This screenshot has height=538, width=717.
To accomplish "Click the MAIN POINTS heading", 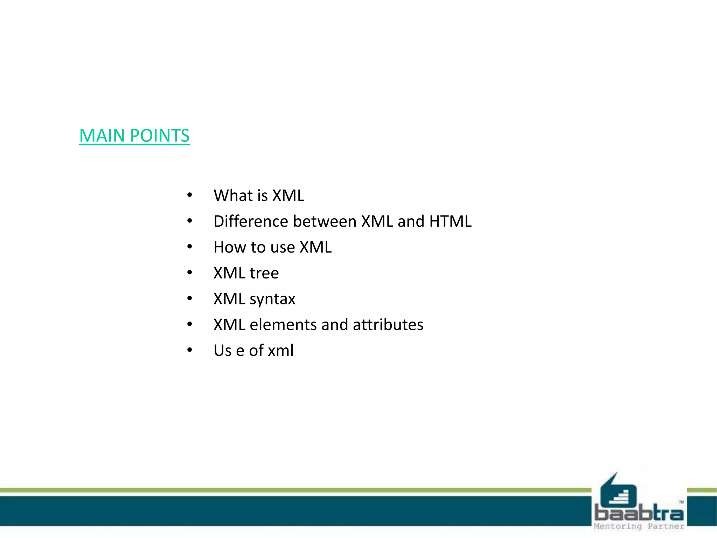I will (134, 136).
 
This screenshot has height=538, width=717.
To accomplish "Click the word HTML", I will (450, 221).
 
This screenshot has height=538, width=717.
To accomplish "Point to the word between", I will (325, 221).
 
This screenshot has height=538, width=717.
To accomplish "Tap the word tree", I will (264, 273).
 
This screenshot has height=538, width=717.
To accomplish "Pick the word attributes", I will (388, 325).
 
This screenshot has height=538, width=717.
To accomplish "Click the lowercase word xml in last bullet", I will (280, 351).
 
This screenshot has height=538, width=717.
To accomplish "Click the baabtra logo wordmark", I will (639, 514).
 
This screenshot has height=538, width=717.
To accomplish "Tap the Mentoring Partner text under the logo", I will (639, 526).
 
